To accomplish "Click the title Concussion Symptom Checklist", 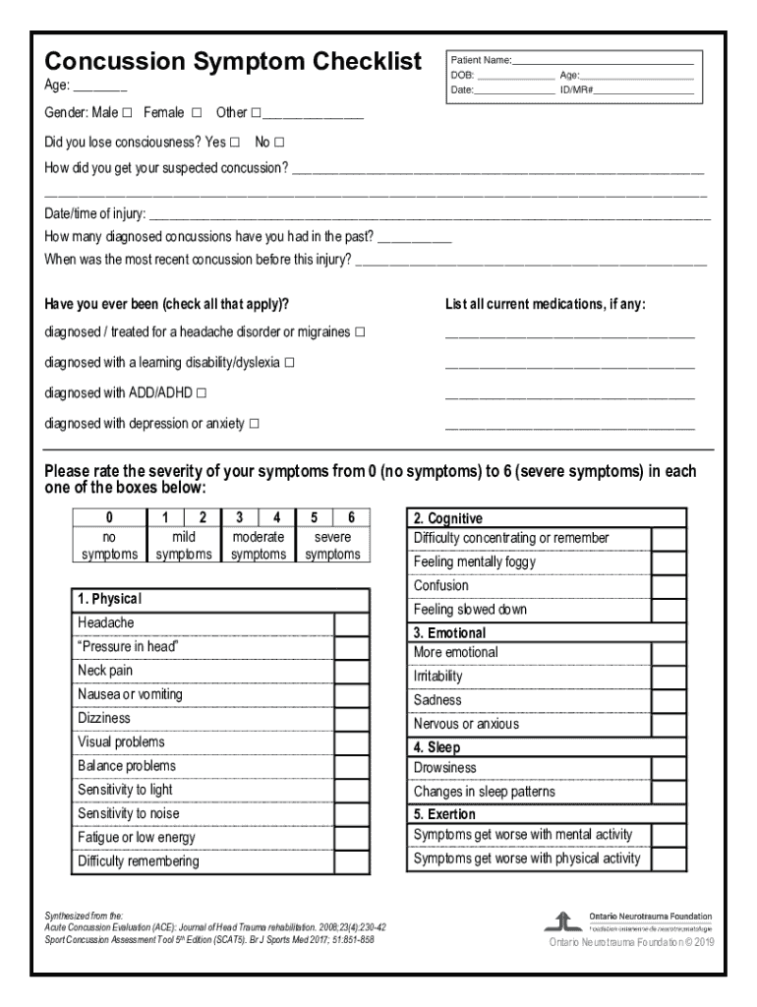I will tap(233, 61).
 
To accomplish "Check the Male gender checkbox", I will tap(128, 113).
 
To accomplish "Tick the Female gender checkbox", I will tap(197, 113).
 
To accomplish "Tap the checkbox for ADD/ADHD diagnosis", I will tap(202, 393).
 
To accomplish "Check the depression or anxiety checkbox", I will tap(255, 424).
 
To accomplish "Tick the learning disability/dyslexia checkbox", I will tap(289, 363).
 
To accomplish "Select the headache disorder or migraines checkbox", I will tap(360, 332).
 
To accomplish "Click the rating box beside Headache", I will tap(352, 624).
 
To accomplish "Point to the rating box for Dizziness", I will tap(352, 720).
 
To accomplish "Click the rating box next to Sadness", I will tap(669, 701).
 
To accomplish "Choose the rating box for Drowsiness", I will tap(669, 769).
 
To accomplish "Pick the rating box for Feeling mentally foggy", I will tap(669, 563).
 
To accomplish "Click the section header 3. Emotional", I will tap(449, 633).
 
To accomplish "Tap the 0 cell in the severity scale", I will tap(109, 518).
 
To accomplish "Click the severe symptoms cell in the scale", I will tap(332, 546).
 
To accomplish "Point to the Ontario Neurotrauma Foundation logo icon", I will tap(562, 921).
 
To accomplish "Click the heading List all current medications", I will tap(545, 304).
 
